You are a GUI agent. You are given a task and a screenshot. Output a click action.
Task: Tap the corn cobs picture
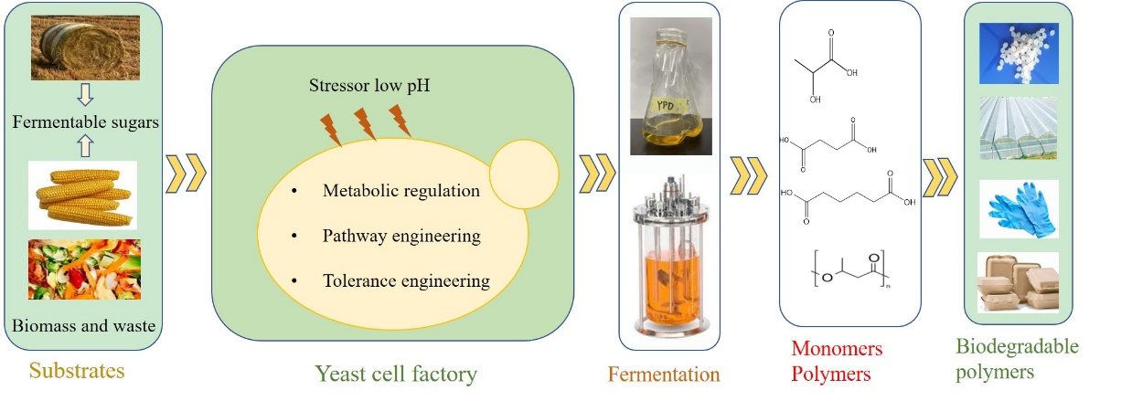pos(82,194)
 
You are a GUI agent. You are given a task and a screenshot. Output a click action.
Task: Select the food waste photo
pos(85,272)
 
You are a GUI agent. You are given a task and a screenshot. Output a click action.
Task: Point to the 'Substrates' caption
pos(76,371)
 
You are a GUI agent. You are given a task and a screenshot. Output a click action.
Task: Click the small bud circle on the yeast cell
pos(524,172)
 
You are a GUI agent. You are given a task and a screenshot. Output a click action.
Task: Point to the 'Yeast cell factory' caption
pos(395,373)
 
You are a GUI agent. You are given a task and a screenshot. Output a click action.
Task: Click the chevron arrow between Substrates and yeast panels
pos(185,172)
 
